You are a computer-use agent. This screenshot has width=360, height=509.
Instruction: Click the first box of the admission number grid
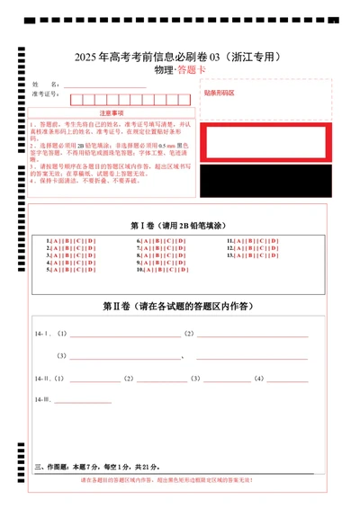tap(76, 99)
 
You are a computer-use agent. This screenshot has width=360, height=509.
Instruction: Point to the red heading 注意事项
tap(112, 113)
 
